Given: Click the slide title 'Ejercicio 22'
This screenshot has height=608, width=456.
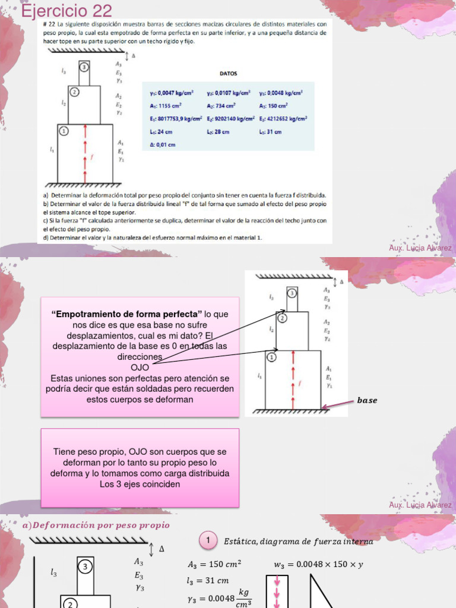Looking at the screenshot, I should coord(66,10).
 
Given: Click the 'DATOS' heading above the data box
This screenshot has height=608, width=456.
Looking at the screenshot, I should coord(229,74).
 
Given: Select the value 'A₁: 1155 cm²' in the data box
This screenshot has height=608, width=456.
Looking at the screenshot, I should coord(169,105).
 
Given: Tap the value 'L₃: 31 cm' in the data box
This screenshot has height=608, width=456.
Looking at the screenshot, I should coord(270,131).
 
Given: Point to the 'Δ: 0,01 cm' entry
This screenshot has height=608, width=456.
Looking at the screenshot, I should coord(163,144).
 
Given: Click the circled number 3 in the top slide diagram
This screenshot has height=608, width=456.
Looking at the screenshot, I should coord(84,67).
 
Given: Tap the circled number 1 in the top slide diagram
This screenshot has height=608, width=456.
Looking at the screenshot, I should coord(64,131).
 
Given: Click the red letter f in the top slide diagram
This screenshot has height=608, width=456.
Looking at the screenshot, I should coord(91,157).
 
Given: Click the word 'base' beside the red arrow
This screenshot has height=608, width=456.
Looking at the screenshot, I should coord(367,400).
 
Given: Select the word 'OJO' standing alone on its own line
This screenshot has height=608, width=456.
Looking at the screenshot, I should coord(140,367).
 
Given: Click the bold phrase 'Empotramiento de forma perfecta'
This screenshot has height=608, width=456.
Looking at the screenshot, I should coord(126,313).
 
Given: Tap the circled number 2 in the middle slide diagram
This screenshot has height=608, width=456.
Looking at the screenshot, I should coord(283,318).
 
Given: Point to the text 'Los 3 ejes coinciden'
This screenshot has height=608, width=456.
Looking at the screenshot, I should coord(140,484).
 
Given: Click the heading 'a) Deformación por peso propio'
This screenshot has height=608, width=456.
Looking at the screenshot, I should coord(96,525).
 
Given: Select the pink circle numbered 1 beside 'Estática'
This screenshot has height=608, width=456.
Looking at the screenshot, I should coord(208,540).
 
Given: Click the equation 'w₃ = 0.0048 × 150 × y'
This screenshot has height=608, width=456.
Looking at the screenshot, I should coord(318,565).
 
